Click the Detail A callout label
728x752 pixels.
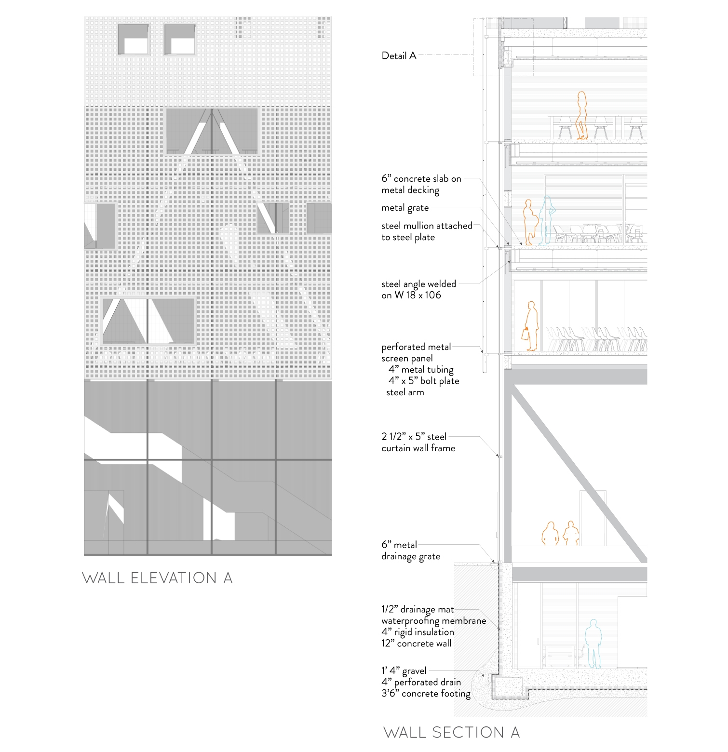click(x=399, y=56)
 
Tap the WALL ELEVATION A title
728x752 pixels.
click(x=157, y=578)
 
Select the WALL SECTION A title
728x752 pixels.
click(x=451, y=732)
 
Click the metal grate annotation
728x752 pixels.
click(x=405, y=208)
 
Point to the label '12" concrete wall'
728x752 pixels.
click(x=417, y=643)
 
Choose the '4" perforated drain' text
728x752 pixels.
click(x=421, y=682)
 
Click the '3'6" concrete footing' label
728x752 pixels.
click(x=426, y=694)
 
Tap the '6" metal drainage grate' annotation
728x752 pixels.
click(x=411, y=551)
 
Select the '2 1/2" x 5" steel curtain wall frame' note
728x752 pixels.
click(x=418, y=443)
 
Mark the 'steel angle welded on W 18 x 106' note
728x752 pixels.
click(x=418, y=290)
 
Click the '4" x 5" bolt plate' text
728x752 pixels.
click(x=424, y=381)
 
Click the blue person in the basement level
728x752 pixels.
click(x=593, y=644)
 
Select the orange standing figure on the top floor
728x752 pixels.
click(x=582, y=116)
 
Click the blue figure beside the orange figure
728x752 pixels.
click(x=547, y=221)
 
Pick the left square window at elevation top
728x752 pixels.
click(x=133, y=40)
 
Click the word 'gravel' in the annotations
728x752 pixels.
click(x=414, y=671)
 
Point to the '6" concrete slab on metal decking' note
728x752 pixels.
click(x=421, y=184)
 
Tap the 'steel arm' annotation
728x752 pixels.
click(x=405, y=392)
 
